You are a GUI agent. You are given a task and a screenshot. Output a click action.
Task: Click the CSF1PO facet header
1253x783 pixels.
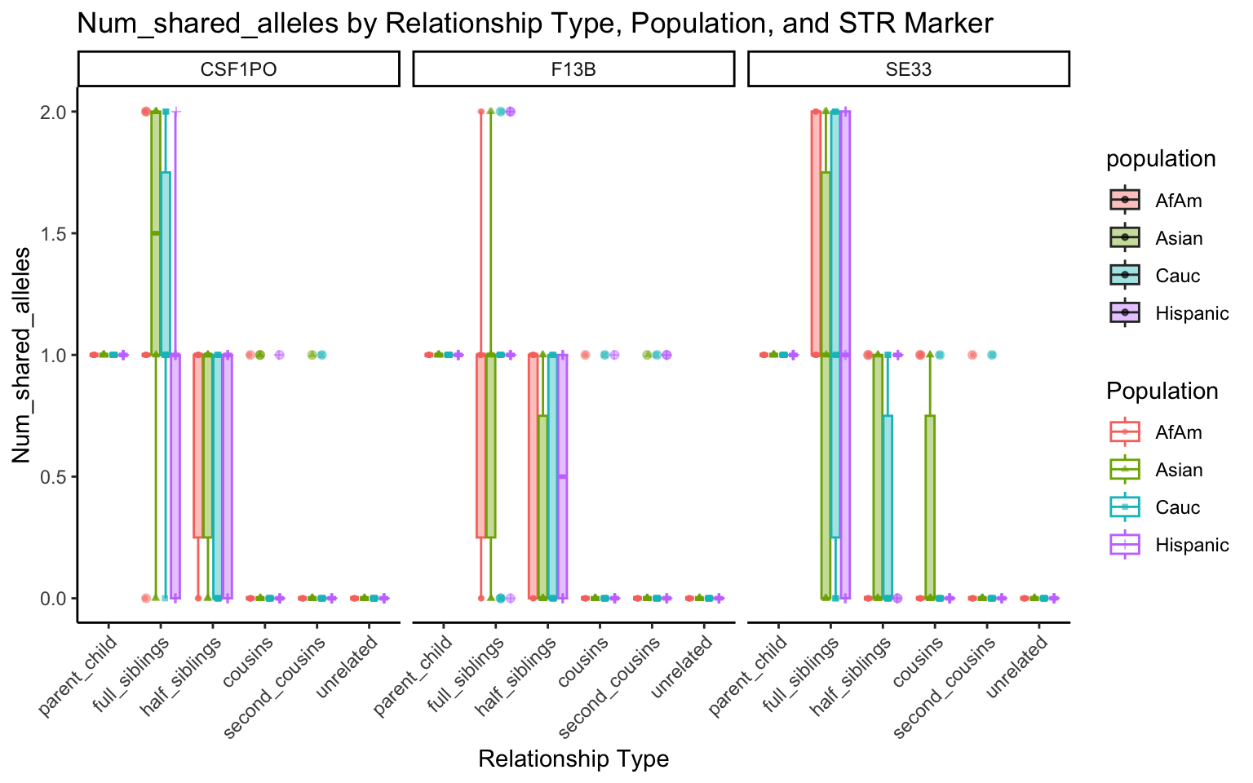point(238,69)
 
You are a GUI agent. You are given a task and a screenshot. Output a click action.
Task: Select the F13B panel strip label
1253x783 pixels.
point(573,69)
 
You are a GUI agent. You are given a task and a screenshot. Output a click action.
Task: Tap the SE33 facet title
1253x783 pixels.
point(908,69)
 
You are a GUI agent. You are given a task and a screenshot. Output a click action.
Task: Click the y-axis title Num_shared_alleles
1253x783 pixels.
point(21,355)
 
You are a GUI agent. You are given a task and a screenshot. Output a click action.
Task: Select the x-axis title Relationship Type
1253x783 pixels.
point(573,759)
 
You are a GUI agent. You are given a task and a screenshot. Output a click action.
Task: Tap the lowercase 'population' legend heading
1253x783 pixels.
point(1161,159)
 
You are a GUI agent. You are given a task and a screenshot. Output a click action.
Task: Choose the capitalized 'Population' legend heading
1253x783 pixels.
point(1162,391)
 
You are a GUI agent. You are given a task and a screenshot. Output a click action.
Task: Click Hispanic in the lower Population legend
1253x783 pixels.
point(1192,545)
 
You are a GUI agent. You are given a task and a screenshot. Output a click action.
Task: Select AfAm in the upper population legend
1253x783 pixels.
point(1178,201)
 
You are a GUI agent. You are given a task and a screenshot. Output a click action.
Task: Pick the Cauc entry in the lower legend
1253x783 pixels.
point(1177,507)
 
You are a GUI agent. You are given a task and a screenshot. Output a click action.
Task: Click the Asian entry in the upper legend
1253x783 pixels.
point(1179,238)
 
